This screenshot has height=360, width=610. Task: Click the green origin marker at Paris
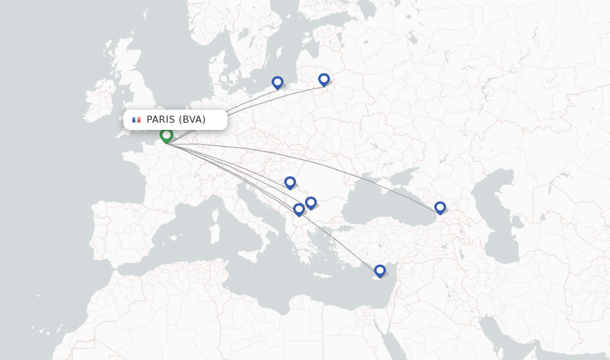pyautogui.click(x=166, y=136)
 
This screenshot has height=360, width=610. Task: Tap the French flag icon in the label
pyautogui.click(x=136, y=120)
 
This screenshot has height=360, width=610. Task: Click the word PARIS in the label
pyautogui.click(x=160, y=120)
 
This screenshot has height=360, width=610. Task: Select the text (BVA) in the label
pyautogui.click(x=192, y=120)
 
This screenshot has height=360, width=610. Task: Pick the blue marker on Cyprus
pyautogui.click(x=380, y=271)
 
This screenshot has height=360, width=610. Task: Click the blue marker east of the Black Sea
pyautogui.click(x=440, y=207)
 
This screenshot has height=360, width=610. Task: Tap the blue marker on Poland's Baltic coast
pyautogui.click(x=278, y=82)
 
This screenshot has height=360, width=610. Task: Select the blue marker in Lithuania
pyautogui.click(x=324, y=79)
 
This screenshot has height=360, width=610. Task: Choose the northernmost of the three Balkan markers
pyautogui.click(x=290, y=182)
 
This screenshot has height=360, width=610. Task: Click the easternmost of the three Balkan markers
pyautogui.click(x=311, y=203)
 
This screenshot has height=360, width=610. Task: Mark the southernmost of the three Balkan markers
pyautogui.click(x=299, y=209)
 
